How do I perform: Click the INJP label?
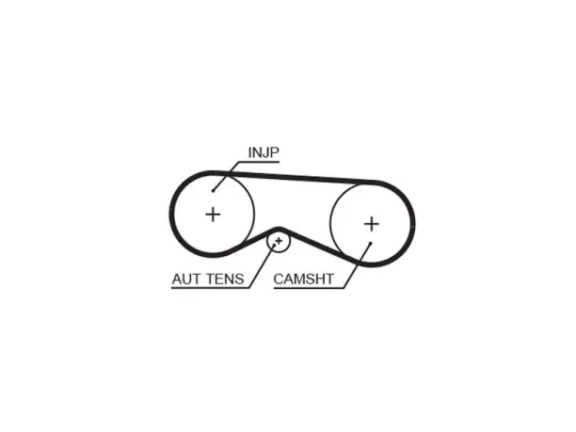point(264,152)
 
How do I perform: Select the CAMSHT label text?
point(303,280)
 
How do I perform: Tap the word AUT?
point(187,280)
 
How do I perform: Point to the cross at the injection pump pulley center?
point(213,215)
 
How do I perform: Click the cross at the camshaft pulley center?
point(372,224)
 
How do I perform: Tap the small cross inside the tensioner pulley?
point(279,241)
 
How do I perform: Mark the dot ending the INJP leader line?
point(213,191)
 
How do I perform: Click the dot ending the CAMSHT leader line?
point(371,243)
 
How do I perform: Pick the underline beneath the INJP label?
point(259,161)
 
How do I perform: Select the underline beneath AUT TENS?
point(211,288)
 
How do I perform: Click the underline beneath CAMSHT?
point(309,288)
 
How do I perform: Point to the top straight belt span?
point(292,176)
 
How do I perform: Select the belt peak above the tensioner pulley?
point(279,230)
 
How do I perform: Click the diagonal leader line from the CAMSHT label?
point(357,265)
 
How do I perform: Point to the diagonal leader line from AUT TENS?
point(262,266)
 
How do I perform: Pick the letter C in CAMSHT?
point(279,280)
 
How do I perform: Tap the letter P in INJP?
point(275,152)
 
